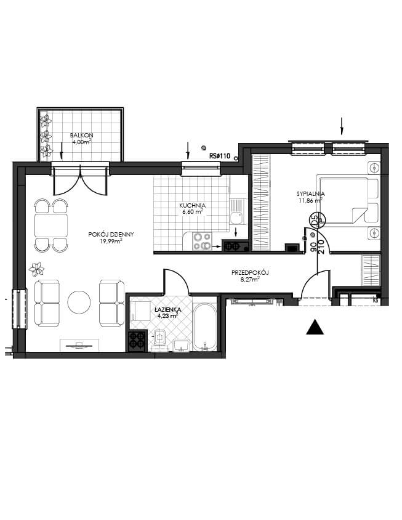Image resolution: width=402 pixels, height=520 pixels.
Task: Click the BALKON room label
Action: click(81, 136)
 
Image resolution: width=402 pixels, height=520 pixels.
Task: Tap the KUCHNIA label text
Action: click(193, 206)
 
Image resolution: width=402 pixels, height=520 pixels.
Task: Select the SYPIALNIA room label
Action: click(310, 193)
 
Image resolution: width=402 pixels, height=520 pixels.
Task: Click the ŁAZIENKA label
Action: click(167, 310)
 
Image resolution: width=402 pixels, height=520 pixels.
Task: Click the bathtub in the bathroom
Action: click(204, 327)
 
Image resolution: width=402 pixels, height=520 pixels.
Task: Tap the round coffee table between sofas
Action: click(79, 302)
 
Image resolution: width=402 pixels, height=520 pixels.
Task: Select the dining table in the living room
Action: click(51, 225)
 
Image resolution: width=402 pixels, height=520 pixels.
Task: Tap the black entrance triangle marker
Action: click(315, 327)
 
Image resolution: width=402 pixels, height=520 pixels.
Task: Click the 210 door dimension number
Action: click(321, 246)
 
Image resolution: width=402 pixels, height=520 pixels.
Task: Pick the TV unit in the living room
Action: click(79, 345)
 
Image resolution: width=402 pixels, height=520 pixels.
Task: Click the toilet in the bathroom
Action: click(159, 338)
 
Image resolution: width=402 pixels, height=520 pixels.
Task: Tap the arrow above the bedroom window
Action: click(342, 126)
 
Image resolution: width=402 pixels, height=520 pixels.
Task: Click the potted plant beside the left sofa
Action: click(36, 269)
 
